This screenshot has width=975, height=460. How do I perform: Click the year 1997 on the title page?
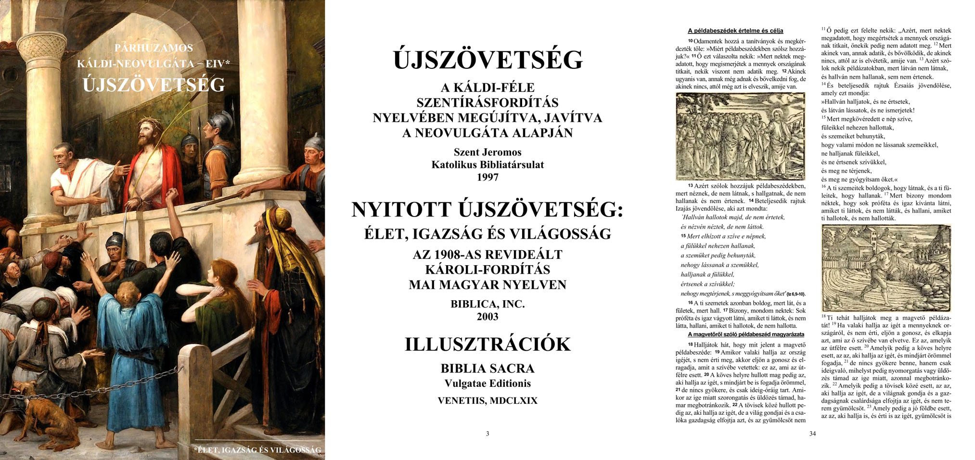[x=487, y=178]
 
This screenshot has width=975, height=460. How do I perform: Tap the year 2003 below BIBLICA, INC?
[x=487, y=317]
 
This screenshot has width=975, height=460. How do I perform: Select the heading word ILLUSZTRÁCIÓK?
[x=487, y=345]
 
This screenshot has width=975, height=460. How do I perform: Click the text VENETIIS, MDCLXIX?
[x=487, y=401]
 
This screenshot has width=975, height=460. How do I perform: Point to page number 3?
[x=487, y=434]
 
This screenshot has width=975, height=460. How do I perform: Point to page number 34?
[x=812, y=434]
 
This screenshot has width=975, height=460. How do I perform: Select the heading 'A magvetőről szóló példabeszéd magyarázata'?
[x=746, y=334]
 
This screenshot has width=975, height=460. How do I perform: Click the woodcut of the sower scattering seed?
[x=886, y=268]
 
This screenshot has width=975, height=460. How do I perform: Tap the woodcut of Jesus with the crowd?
[x=740, y=136]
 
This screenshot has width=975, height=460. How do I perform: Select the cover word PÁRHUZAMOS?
[x=154, y=48]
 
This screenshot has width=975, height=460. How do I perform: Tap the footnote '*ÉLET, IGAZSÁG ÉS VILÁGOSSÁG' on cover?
[x=257, y=450]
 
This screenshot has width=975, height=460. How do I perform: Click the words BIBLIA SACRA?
[x=487, y=369]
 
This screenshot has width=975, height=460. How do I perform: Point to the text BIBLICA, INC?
[x=487, y=304]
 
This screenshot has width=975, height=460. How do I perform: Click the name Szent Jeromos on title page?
[x=487, y=153]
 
